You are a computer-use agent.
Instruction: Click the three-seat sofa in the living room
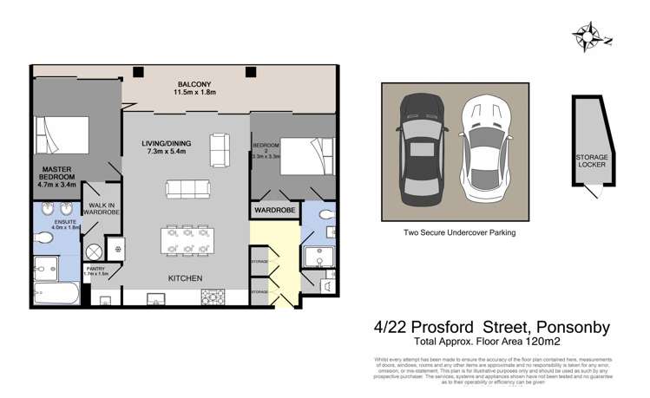coord(187,188)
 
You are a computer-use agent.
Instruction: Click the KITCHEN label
coord(185,278)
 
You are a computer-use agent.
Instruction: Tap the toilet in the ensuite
coord(43,234)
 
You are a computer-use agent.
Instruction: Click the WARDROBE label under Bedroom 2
coord(273,211)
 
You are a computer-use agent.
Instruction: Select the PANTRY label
coord(98,271)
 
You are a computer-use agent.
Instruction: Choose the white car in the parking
coord(484,152)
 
